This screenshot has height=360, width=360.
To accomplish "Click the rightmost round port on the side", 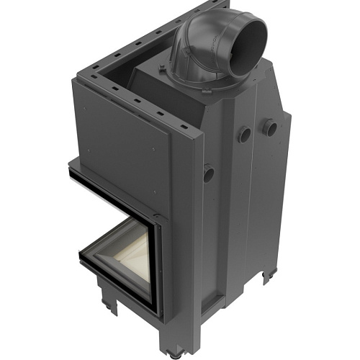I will point(271,128).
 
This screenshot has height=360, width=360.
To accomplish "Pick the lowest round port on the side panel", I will point(209,173).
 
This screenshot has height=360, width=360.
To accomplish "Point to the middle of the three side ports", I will point(245,134).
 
